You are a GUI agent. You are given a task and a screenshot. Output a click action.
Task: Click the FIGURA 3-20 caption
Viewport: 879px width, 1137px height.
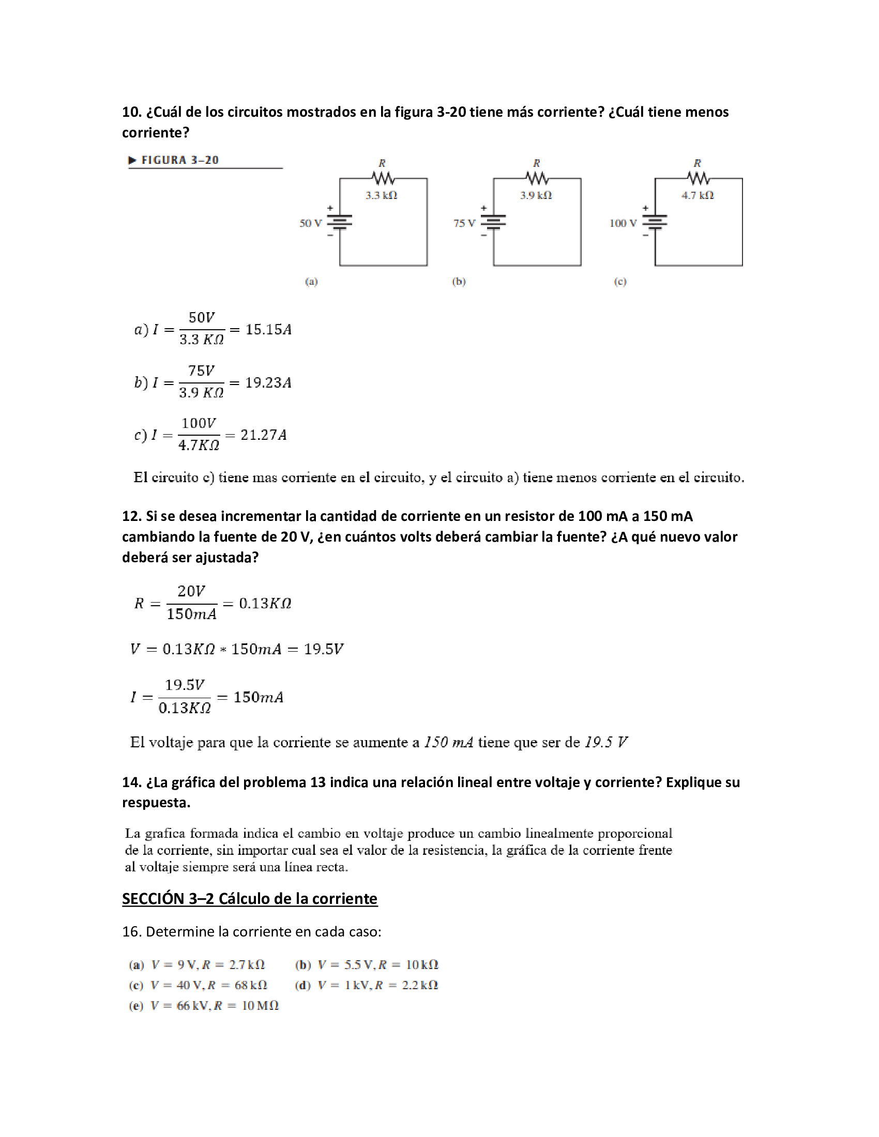point(179,160)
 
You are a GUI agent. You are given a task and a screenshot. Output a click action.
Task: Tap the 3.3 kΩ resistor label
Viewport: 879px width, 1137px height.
point(381,195)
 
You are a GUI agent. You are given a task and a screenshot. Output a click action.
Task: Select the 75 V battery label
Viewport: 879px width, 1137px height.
point(464,223)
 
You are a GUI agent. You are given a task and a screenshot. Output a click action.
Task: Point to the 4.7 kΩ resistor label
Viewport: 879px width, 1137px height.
point(698,195)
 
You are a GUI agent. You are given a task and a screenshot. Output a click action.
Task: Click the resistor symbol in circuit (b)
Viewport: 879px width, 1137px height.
point(537,179)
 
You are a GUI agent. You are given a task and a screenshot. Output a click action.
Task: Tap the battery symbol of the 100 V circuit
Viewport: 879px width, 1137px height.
point(655,223)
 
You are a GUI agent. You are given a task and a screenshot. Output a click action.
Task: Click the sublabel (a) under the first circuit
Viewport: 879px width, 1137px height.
point(311,282)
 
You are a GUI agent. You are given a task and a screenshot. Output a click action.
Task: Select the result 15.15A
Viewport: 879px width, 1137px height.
point(268,330)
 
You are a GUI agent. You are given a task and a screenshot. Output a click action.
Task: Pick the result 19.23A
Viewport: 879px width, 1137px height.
point(268,382)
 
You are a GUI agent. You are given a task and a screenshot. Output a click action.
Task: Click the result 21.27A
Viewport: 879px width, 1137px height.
point(264,435)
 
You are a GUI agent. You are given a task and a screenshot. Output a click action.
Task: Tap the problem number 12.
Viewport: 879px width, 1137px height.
point(131,516)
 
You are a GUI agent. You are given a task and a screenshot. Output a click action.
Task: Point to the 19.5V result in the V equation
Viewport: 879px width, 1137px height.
point(323,649)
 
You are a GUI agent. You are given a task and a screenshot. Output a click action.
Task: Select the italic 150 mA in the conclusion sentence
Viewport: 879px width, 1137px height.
point(448,742)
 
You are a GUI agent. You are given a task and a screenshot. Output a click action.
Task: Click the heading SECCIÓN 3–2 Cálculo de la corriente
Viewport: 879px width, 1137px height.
point(249,899)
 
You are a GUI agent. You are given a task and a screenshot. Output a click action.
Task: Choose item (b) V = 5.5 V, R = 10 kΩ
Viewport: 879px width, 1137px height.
point(367,965)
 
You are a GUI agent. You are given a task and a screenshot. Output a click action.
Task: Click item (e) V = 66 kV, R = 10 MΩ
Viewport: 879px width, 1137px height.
point(204,1005)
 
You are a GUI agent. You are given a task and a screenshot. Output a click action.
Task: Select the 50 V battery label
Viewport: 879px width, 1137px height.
point(310,223)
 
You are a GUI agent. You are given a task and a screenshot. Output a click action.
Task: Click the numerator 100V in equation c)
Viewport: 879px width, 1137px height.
point(199,423)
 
